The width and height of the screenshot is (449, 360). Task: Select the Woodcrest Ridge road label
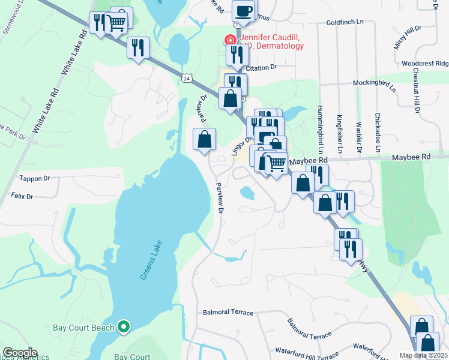point(425,63)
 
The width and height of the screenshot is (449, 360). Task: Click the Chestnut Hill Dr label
point(415,89)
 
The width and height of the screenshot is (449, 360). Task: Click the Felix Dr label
point(22,196)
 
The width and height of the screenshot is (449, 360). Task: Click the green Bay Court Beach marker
point(124,327)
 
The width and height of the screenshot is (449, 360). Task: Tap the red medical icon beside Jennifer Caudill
point(229,40)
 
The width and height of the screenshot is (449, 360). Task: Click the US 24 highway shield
point(187,78)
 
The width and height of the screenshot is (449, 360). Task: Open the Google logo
point(20,353)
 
